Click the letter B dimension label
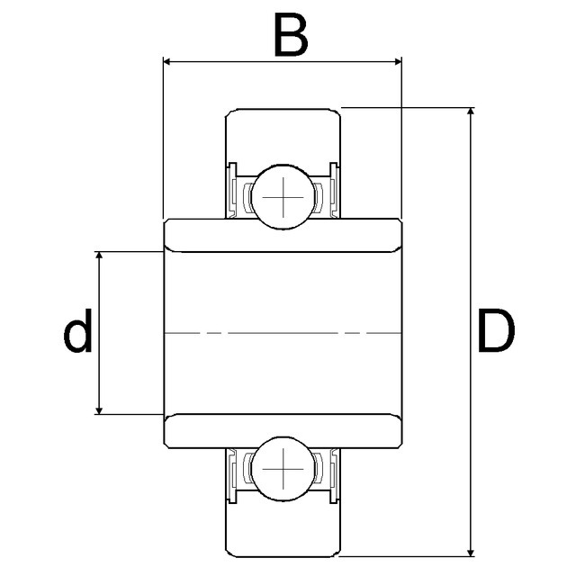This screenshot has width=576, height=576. [x=291, y=34]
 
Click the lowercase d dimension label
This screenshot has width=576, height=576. [x=77, y=330]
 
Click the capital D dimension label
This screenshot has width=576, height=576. [x=497, y=330]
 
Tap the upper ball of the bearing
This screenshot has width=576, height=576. [x=283, y=197]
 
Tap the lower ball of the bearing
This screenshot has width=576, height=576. [x=283, y=469]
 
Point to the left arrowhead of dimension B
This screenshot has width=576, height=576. [x=167, y=61]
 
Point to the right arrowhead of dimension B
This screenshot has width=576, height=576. [x=398, y=61]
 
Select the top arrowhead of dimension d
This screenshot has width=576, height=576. [x=98, y=256]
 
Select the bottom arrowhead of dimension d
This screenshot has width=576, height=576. [x=98, y=410]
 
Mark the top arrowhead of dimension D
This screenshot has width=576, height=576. [x=471, y=112]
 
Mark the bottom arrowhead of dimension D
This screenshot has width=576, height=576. [x=471, y=552]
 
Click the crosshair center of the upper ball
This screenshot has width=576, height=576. [x=283, y=197]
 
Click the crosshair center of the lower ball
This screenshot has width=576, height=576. [x=283, y=469]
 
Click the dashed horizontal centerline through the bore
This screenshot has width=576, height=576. [x=283, y=333]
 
